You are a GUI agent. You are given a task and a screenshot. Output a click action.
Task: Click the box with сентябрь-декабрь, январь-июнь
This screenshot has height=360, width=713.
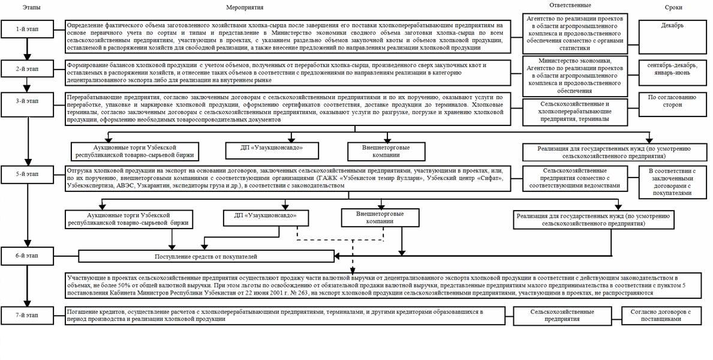click(x=673, y=68)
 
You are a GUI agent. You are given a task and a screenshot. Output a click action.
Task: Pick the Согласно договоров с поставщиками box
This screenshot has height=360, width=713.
click(x=664, y=316)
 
